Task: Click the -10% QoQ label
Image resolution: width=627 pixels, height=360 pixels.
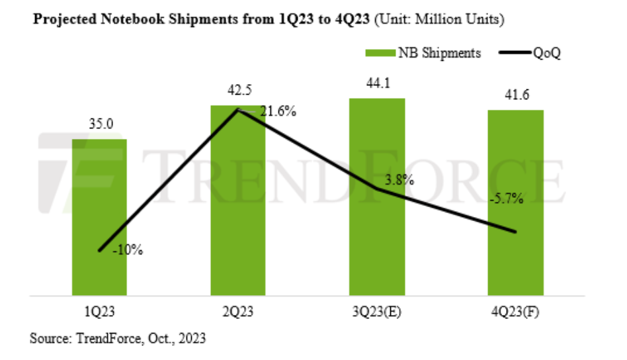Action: [128, 250]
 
